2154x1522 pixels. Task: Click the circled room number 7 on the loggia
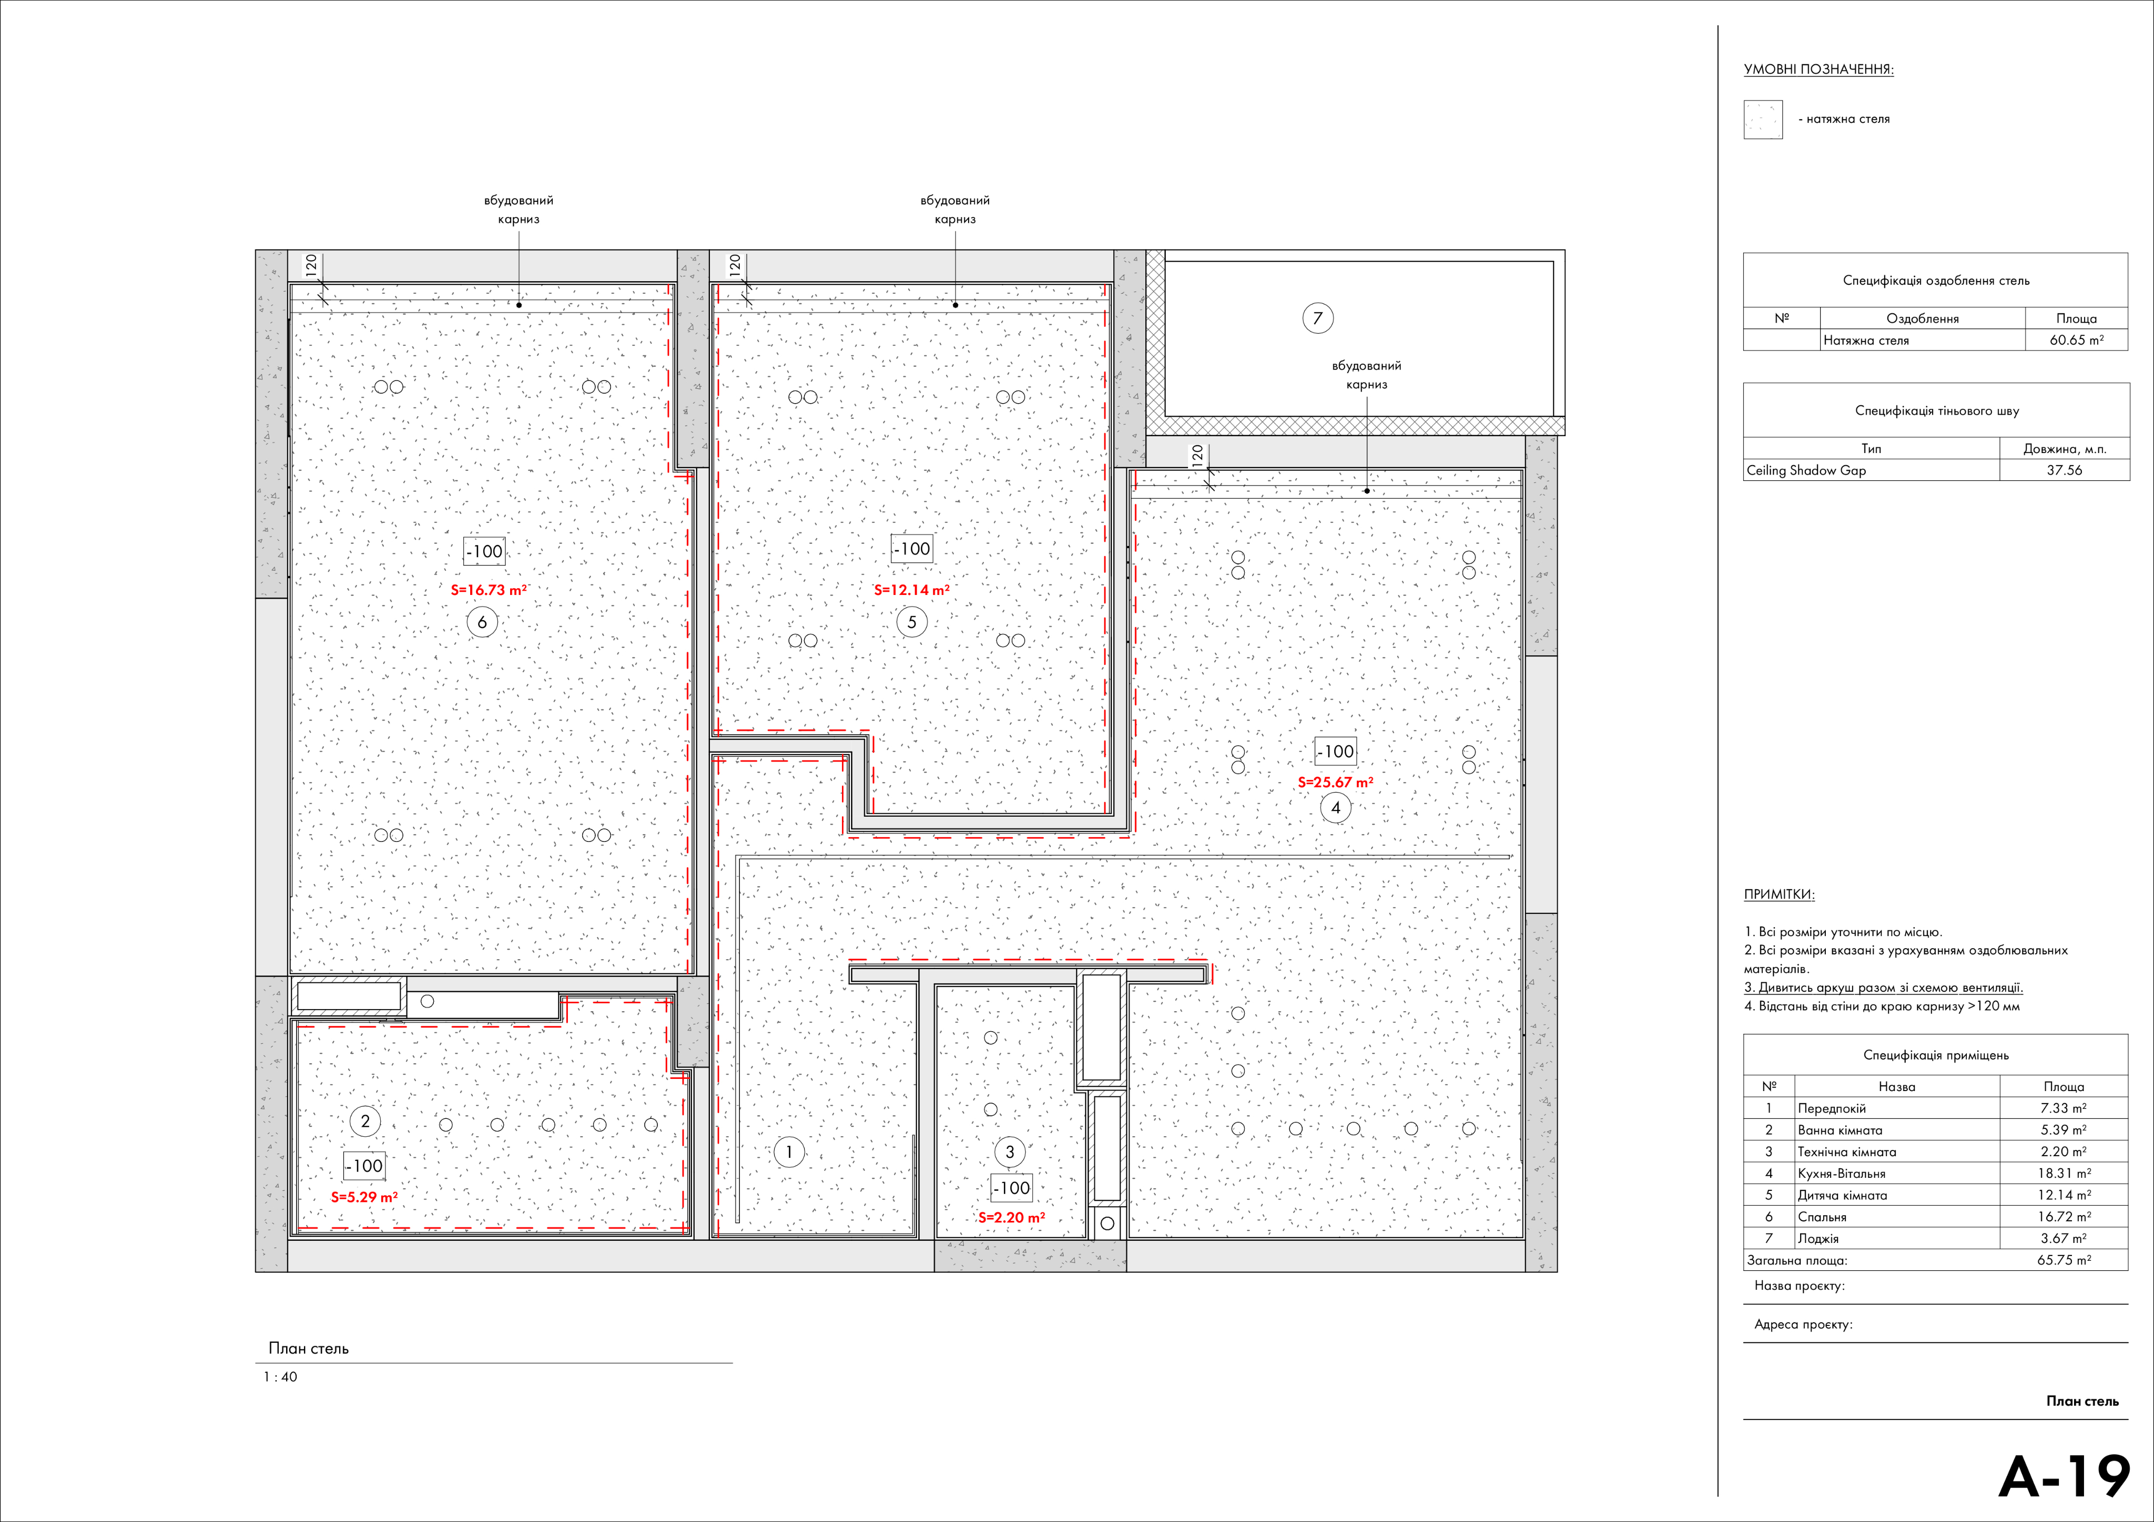(x=1317, y=318)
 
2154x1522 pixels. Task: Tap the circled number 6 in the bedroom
(x=482, y=622)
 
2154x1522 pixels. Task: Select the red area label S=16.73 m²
(x=489, y=590)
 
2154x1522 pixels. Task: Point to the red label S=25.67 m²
(x=1335, y=782)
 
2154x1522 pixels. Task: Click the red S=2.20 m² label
(x=1011, y=1217)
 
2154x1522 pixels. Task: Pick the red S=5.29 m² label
(x=364, y=1197)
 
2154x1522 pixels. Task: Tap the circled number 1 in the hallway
(x=789, y=1151)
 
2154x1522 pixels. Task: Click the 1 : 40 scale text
(x=280, y=1376)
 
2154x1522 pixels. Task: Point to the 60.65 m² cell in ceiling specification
(x=2076, y=341)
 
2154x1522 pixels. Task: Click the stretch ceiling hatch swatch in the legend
(x=1763, y=120)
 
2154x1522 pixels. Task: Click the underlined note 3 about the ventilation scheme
(x=1883, y=988)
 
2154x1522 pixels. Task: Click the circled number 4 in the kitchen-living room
(x=1336, y=807)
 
